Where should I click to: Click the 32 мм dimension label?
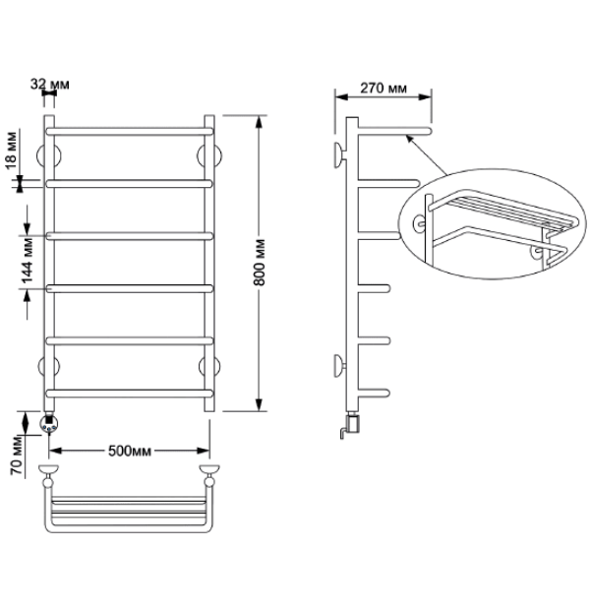tap(50, 84)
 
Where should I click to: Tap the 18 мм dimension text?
tap(11, 151)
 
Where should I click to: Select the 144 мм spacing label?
tap(27, 261)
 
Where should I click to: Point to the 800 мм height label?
tap(259, 262)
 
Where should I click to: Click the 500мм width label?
tap(130, 451)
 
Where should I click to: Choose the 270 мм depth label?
tap(384, 89)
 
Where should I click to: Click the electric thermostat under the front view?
tap(49, 423)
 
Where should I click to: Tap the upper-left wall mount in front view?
tap(48, 155)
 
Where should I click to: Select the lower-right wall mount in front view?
tap(209, 367)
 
